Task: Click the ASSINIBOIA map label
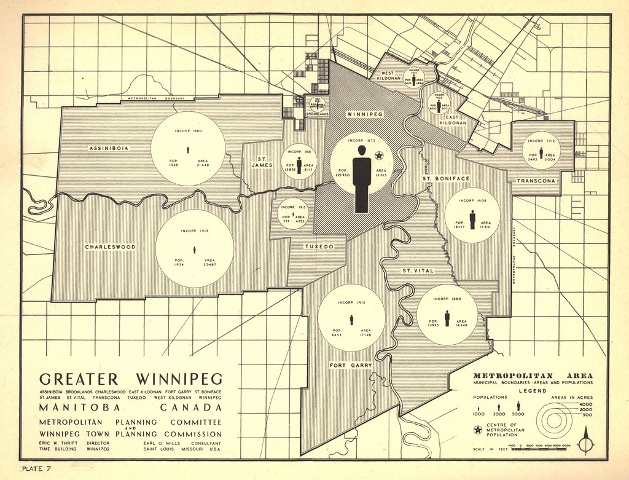pos(107,148)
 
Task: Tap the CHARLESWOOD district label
pos(110,247)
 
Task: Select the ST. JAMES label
pos(262,161)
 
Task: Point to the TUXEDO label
pos(319,246)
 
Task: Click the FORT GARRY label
pos(351,365)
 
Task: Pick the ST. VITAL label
pos(418,270)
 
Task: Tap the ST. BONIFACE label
pos(445,178)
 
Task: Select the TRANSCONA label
pos(536,181)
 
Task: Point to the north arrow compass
pos(587,441)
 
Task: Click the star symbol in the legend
pos(477,430)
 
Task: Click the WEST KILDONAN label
pos(388,76)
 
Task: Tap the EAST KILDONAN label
pos(452,120)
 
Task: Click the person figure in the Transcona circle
pos(541,153)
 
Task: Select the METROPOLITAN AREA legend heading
pos(533,376)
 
